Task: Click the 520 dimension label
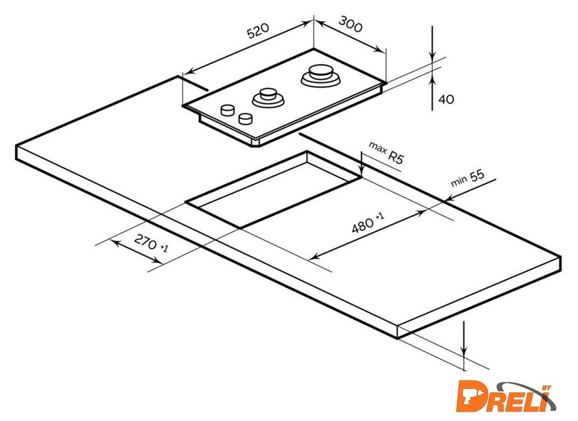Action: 258,30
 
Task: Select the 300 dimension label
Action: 350,24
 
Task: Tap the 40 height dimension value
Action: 447,99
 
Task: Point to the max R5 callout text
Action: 386,152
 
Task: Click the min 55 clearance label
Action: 467,178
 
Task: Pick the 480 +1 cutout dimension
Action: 367,222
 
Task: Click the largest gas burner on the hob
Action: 321,76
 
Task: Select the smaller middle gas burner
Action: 268,97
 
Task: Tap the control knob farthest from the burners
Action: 228,110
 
